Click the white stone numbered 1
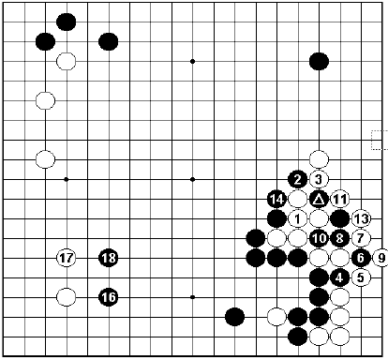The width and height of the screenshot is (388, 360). [x=298, y=218]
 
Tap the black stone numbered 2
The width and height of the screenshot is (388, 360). [x=298, y=178]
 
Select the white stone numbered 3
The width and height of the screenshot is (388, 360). [x=320, y=178]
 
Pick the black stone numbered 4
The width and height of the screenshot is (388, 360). [x=340, y=277]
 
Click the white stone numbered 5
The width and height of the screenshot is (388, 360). [x=362, y=277]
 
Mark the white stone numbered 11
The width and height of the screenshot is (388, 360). [x=340, y=199]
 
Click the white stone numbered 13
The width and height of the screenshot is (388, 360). [x=362, y=218]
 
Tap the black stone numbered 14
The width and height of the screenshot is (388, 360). [x=276, y=199]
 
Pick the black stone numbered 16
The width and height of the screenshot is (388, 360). [x=109, y=297]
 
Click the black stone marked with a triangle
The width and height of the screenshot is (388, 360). [x=320, y=199]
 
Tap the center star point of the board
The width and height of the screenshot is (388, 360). [x=192, y=178]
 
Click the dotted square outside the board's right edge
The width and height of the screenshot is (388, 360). [x=379, y=140]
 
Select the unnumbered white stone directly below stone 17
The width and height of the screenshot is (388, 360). [x=66, y=297]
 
